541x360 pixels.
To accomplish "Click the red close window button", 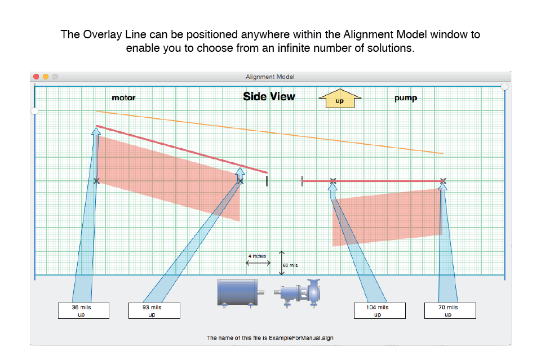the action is pyautogui.click(x=36, y=77).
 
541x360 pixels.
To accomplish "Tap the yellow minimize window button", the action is pyautogui.click(x=46, y=77).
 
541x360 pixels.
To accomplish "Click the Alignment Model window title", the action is pyautogui.click(x=270, y=77).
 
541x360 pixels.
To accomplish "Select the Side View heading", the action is pyautogui.click(x=269, y=96).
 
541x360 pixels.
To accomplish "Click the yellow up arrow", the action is pyautogui.click(x=340, y=98).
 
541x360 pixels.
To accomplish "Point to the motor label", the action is pyautogui.click(x=123, y=97).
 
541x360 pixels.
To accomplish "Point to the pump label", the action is pyautogui.click(x=406, y=98).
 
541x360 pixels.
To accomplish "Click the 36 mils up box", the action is pyautogui.click(x=83, y=310).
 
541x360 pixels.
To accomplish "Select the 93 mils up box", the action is pyautogui.click(x=154, y=310).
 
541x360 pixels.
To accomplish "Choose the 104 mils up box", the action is pyautogui.click(x=379, y=310).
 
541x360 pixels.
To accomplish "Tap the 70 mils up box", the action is pyautogui.click(x=450, y=310).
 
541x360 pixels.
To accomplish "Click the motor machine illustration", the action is pyautogui.click(x=241, y=293).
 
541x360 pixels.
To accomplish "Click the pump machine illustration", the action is pyautogui.click(x=298, y=293).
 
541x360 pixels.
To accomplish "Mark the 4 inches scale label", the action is pyautogui.click(x=257, y=256).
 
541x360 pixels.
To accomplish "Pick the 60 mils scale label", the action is pyautogui.click(x=290, y=265).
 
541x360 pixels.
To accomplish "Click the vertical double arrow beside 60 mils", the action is pyautogui.click(x=282, y=263).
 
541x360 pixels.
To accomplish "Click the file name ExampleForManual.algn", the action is pyautogui.click(x=301, y=337).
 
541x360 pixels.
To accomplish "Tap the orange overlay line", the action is pyautogui.click(x=269, y=132).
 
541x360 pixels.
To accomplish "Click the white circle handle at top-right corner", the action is pyautogui.click(x=504, y=86).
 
